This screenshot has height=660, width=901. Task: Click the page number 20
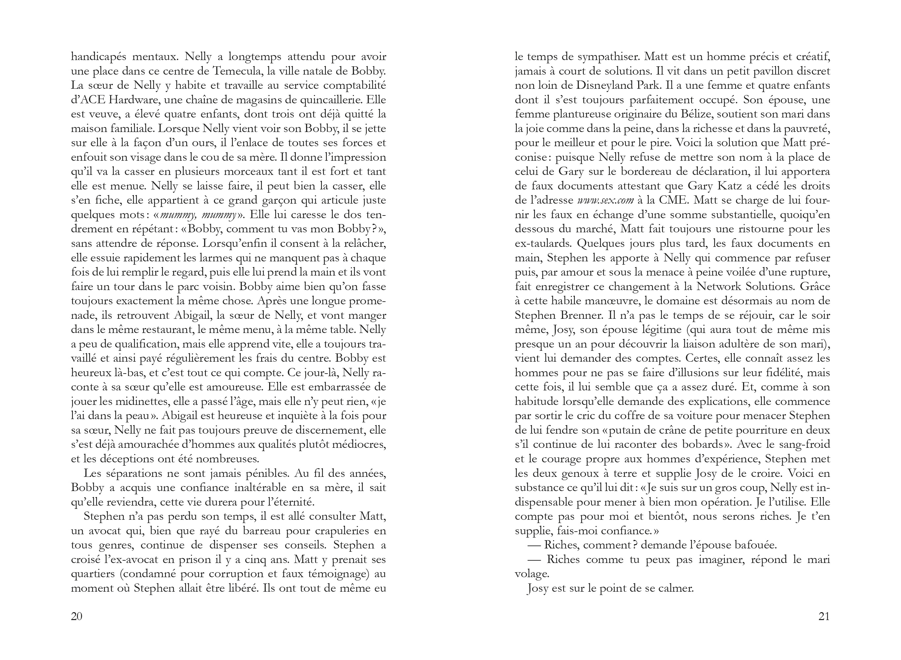pos(77,616)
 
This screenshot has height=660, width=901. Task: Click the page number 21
pos(824,616)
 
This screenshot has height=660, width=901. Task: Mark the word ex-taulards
pos(544,244)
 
